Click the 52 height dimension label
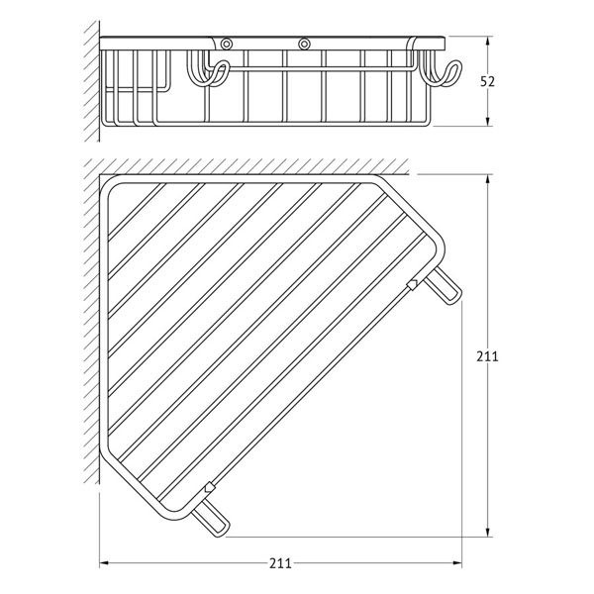(487, 81)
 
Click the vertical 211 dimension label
(487, 356)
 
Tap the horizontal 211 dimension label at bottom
(281, 563)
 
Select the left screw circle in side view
(227, 44)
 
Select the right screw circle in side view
(304, 44)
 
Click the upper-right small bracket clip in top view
(412, 284)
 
